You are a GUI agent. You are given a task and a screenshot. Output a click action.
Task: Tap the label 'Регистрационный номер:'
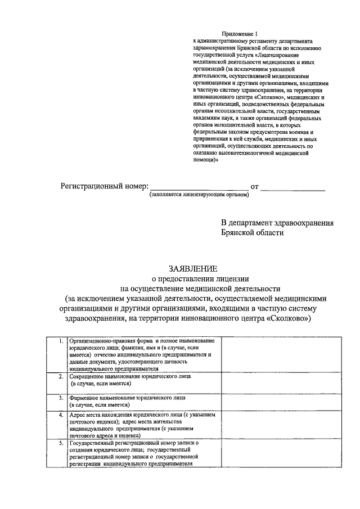[105, 186]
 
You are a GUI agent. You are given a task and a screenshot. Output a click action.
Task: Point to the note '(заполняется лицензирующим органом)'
[199, 196]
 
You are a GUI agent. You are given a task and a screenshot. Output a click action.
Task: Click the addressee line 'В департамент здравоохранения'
[277, 223]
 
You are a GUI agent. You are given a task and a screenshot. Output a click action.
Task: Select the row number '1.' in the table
[60, 341]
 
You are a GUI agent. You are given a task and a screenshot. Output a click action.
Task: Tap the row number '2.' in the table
[60, 376]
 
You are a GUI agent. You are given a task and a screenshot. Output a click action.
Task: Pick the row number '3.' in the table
[60, 398]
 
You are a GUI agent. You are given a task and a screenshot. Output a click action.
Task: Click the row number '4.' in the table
[60, 415]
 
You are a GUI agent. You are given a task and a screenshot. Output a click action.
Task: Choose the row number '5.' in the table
[60, 443]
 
